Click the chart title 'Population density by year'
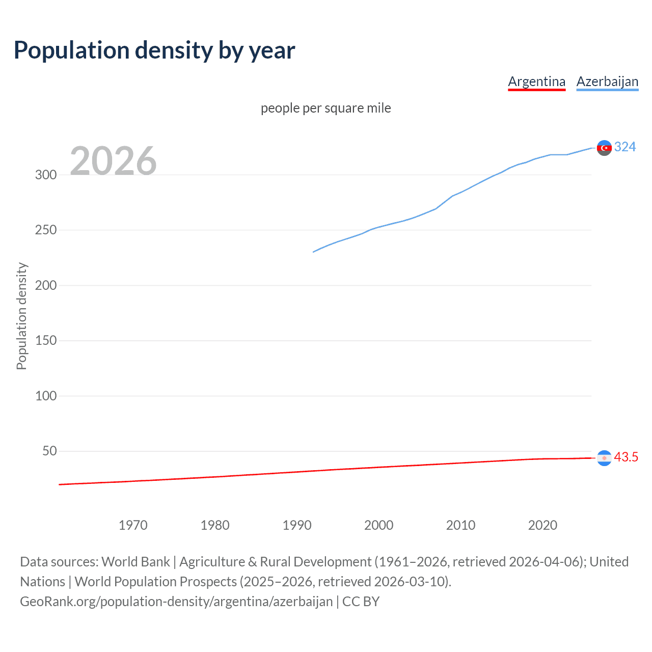(x=154, y=50)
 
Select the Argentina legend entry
(x=536, y=81)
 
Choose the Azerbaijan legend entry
(x=607, y=81)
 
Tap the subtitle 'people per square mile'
(x=325, y=108)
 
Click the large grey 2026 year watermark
(x=113, y=161)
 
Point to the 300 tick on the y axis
(x=46, y=175)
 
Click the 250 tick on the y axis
(x=46, y=230)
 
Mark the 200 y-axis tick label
(x=46, y=285)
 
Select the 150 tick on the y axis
(x=46, y=340)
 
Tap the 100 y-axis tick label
(x=46, y=396)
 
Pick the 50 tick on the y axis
(x=49, y=451)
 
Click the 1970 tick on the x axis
(x=133, y=525)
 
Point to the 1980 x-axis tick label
(x=215, y=525)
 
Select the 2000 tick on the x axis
(x=378, y=525)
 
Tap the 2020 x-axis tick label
(x=542, y=525)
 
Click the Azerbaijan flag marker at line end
(x=604, y=148)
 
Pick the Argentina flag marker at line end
(x=604, y=458)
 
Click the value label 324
(x=625, y=147)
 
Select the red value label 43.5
(x=626, y=457)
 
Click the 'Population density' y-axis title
(x=21, y=316)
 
